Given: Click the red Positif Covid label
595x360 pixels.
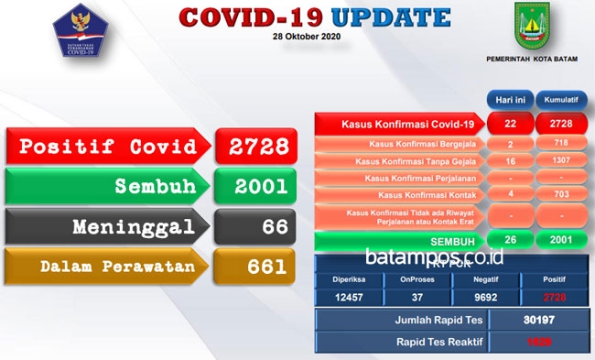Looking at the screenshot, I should (x=108, y=147).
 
